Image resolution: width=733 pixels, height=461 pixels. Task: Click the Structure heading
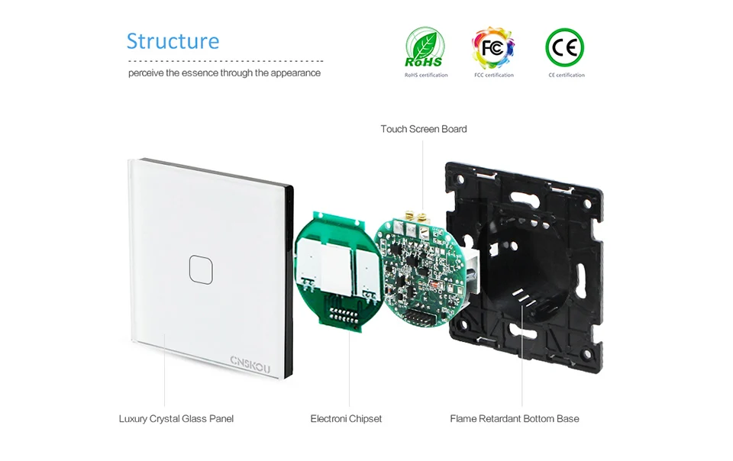click(173, 41)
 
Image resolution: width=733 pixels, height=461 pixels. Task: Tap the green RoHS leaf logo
click(425, 47)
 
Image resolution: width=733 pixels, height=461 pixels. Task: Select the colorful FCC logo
click(492, 47)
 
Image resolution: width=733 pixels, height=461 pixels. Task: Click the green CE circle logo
click(565, 47)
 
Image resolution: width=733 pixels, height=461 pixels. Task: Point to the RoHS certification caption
click(426, 75)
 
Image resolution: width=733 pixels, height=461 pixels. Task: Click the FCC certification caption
click(494, 75)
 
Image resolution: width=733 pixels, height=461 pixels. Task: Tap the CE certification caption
click(567, 75)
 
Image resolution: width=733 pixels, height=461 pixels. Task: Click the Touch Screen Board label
click(424, 129)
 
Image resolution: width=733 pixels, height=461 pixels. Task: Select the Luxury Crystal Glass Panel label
click(176, 419)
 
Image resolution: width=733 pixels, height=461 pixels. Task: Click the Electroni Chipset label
click(346, 419)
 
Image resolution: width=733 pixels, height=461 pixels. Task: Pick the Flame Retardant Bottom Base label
click(514, 419)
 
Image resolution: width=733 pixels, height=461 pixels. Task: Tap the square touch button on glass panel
click(201, 270)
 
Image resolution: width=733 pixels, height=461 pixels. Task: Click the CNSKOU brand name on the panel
click(250, 364)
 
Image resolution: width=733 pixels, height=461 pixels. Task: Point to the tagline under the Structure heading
click(224, 73)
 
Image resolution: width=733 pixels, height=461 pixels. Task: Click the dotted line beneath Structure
click(225, 61)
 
